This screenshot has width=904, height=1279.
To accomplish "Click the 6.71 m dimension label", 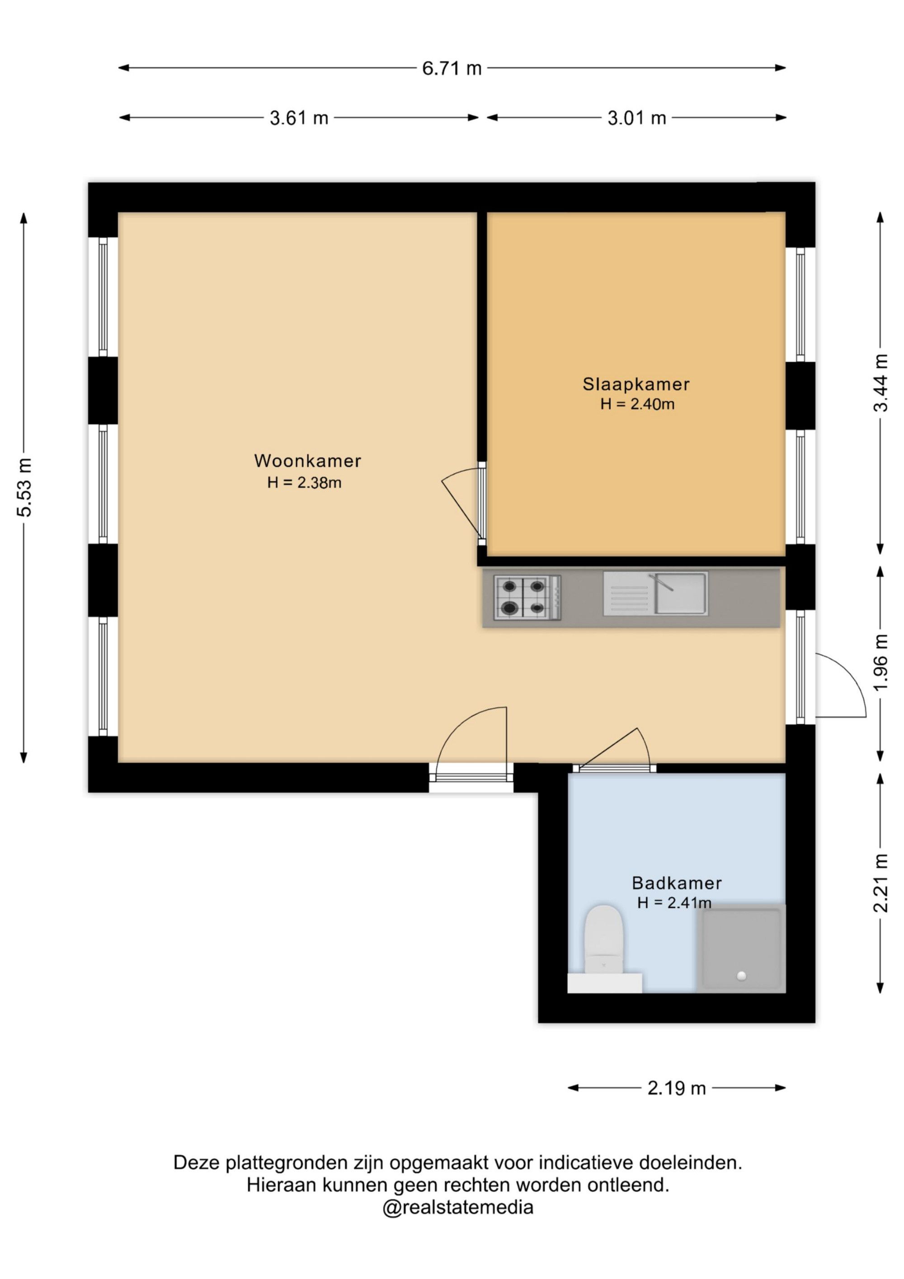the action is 451,68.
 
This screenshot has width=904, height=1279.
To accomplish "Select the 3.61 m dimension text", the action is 299,118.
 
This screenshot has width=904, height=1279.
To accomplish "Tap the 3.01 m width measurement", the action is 637,118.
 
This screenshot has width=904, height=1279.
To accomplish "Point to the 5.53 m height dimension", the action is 24,487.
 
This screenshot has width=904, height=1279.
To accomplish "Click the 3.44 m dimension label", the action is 880,382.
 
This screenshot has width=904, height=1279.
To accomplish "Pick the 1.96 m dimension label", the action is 880,662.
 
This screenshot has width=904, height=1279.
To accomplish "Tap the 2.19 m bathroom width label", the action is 676,1088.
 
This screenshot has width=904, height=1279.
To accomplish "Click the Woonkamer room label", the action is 307,461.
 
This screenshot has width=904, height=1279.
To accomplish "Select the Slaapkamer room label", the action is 636,384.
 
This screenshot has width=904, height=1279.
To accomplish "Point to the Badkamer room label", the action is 677,883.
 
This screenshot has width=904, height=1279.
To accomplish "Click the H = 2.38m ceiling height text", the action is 304,482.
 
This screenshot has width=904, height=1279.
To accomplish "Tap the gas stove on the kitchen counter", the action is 527,597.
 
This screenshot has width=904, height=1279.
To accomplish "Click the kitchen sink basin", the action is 681,593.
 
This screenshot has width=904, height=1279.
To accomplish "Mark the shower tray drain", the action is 741,976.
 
